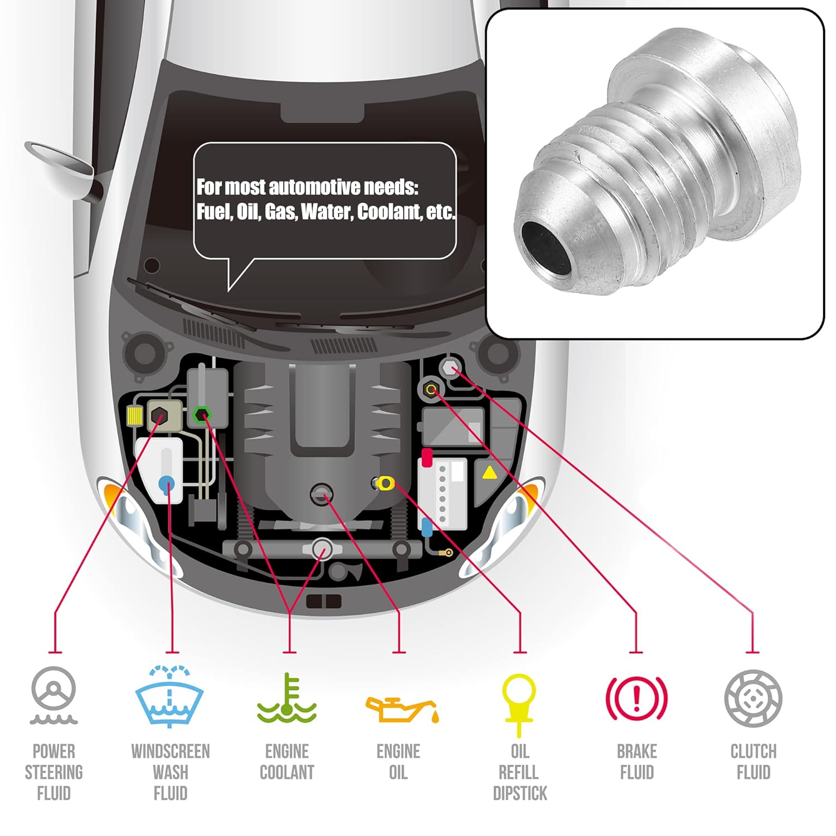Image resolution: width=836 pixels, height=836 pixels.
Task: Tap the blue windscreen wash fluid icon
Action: point(169,697)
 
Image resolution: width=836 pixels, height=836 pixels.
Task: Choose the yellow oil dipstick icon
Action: point(519,702)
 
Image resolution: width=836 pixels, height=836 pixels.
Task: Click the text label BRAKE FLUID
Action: point(636,762)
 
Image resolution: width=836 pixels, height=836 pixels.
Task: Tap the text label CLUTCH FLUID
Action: point(753,762)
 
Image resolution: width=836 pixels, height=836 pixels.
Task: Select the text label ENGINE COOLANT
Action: point(287,762)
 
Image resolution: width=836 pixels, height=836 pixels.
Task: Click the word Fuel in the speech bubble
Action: point(212,212)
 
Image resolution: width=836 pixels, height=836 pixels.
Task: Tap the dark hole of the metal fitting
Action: point(546,249)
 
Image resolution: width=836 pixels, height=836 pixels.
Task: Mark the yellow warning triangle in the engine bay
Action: point(489,473)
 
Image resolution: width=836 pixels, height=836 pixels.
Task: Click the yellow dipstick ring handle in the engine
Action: point(385,483)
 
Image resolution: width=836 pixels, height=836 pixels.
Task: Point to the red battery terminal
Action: point(427,457)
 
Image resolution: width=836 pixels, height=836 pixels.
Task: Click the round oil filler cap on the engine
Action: point(322,494)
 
